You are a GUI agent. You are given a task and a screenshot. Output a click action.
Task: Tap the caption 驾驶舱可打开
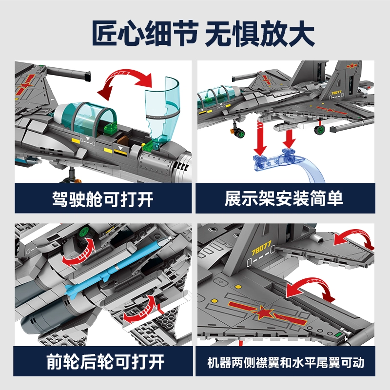point(102,199)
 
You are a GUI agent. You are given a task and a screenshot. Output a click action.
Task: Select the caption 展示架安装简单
point(284,198)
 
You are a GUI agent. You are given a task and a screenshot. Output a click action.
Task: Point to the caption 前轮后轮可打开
point(105,362)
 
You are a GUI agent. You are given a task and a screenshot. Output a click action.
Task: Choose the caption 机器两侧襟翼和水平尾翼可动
point(286,362)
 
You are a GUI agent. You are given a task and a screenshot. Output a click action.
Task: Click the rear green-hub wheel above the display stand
point(320,130)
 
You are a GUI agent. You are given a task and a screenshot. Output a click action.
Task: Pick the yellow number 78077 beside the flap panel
point(261,248)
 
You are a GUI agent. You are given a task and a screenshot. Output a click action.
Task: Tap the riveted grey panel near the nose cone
point(155,163)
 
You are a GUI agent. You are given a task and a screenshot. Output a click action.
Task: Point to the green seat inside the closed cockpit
point(111,128)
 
